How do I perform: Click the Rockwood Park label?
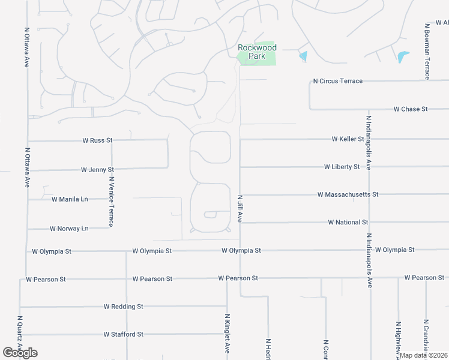pyautogui.click(x=257, y=52)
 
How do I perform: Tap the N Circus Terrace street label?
pyautogui.click(x=338, y=81)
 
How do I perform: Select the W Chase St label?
pyautogui.click(x=411, y=109)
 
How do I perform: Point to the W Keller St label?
pyautogui.click(x=348, y=139)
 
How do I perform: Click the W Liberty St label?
pyautogui.click(x=342, y=167)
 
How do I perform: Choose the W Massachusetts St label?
pyautogui.click(x=348, y=194)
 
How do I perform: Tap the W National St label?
pyautogui.click(x=348, y=222)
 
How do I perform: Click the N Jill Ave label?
pyautogui.click(x=240, y=208)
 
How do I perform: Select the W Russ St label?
pyautogui.click(x=97, y=140)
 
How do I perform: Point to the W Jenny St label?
pyautogui.click(x=97, y=170)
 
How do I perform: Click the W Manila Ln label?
pyautogui.click(x=70, y=199)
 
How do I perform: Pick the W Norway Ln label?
pyautogui.click(x=68, y=229)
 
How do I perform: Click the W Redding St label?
pyautogui.click(x=123, y=306)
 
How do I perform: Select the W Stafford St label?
pyautogui.click(x=123, y=334)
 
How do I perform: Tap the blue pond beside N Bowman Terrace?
pyautogui.click(x=402, y=57)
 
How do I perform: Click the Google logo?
pyautogui.click(x=20, y=353)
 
